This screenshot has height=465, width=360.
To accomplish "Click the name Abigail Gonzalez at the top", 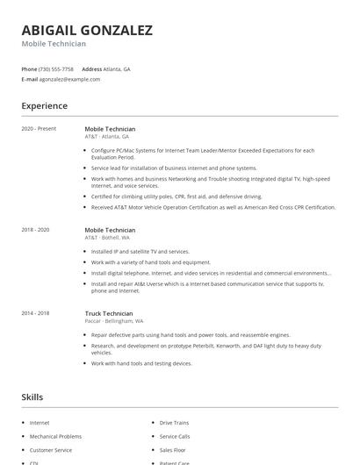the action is point(87,30).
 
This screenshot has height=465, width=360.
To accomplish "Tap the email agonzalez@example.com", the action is point(69,79).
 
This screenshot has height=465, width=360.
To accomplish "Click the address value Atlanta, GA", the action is point(118,68).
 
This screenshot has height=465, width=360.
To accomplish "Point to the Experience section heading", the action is point(44,106).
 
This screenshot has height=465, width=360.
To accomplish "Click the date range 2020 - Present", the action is point(39,129).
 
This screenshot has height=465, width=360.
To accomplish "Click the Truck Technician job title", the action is point(109,313).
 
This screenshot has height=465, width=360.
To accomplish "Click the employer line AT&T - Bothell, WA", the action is point(107,238).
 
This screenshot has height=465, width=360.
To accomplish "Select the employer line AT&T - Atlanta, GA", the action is point(107,137).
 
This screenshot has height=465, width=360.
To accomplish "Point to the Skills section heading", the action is point(32,397).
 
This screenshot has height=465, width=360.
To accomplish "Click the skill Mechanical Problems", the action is point(55,436).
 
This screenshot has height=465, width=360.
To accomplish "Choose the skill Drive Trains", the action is point(174,423).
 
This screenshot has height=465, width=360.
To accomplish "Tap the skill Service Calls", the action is point(175,436).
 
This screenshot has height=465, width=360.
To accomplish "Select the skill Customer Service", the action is point(51,449).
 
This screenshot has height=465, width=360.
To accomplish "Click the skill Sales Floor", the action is point(173,449).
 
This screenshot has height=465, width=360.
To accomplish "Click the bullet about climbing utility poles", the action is point(176,197).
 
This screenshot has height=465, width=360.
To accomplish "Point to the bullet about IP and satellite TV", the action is point(140,252).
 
